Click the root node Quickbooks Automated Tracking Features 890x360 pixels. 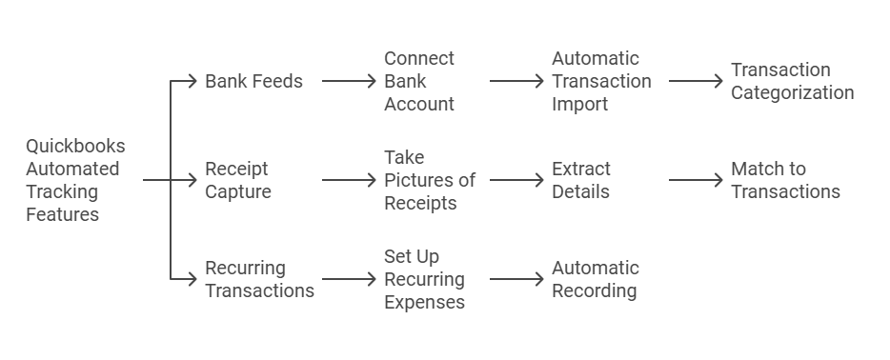(x=75, y=180)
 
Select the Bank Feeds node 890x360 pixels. (x=253, y=81)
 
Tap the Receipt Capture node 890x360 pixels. (x=238, y=180)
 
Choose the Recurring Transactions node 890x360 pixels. (x=259, y=279)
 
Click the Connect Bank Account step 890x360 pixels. (x=419, y=81)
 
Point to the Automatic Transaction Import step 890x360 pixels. (x=601, y=81)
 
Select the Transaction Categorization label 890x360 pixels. (x=792, y=81)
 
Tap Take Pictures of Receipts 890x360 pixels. (x=429, y=180)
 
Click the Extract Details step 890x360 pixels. (x=581, y=180)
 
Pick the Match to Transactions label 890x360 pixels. (x=785, y=180)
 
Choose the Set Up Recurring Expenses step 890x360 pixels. (x=424, y=279)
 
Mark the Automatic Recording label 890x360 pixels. (x=596, y=279)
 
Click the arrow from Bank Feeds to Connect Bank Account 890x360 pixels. (x=349, y=81)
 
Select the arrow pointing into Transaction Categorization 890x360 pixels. (x=696, y=81)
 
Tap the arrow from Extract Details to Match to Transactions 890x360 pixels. (x=696, y=180)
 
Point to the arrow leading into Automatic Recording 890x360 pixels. (x=516, y=279)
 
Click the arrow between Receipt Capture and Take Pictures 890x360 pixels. (x=349, y=180)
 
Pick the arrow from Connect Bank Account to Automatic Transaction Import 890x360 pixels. (x=516, y=81)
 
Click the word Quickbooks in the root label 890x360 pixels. (x=75, y=147)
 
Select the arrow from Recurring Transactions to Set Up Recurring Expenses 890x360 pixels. (x=349, y=279)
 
